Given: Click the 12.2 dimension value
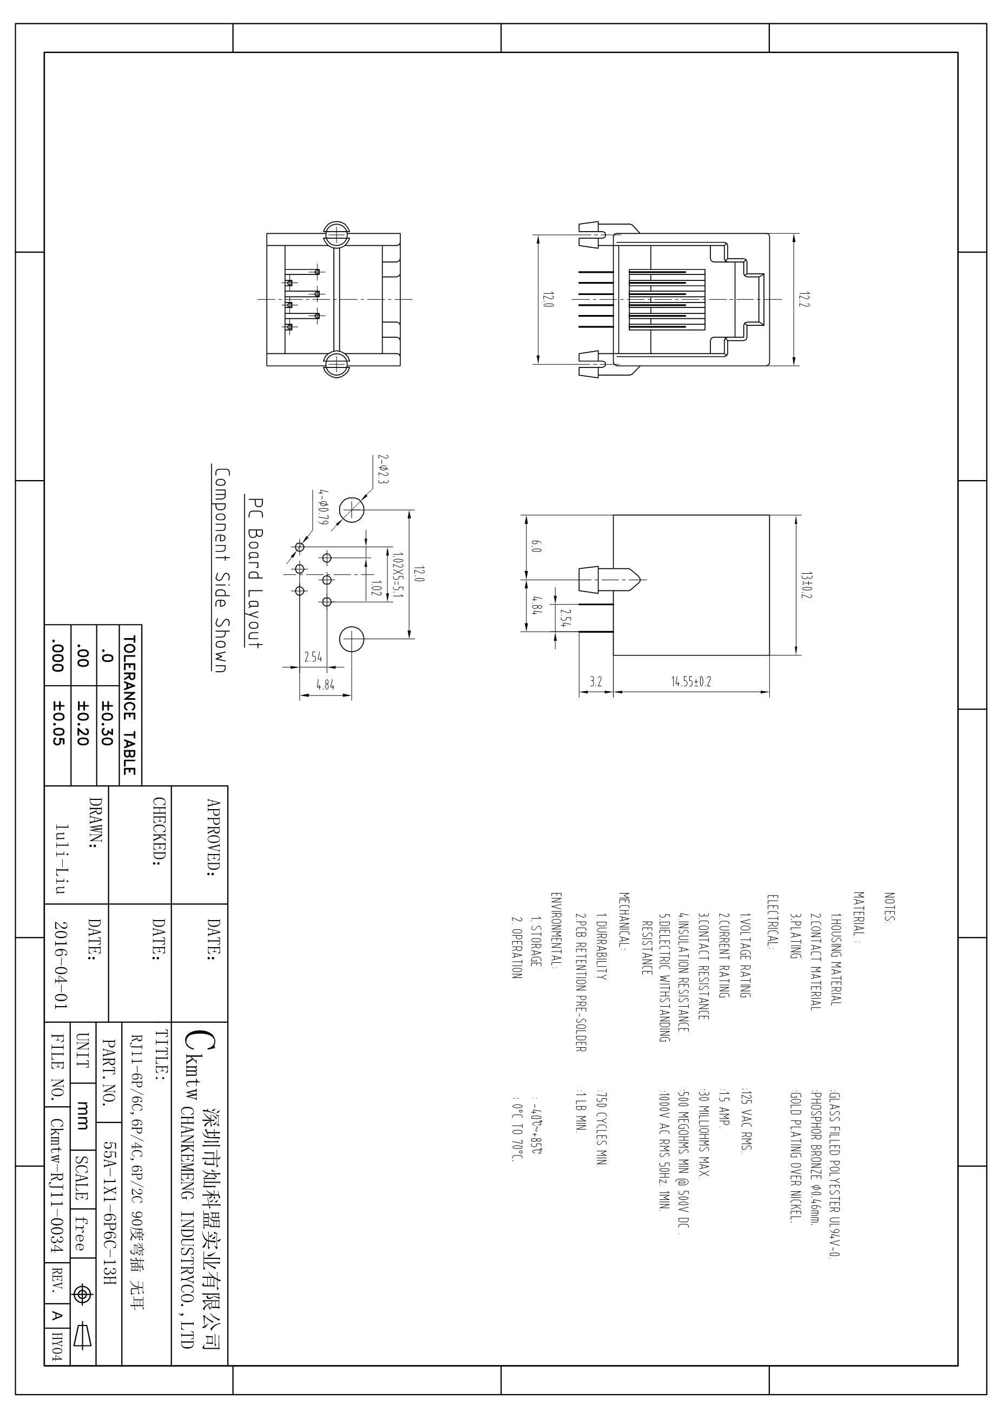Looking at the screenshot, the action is tap(803, 299).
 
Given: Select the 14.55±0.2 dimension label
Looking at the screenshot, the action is tap(691, 682).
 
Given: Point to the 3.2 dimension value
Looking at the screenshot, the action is tap(595, 682).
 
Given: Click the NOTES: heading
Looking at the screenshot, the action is tap(889, 907).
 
